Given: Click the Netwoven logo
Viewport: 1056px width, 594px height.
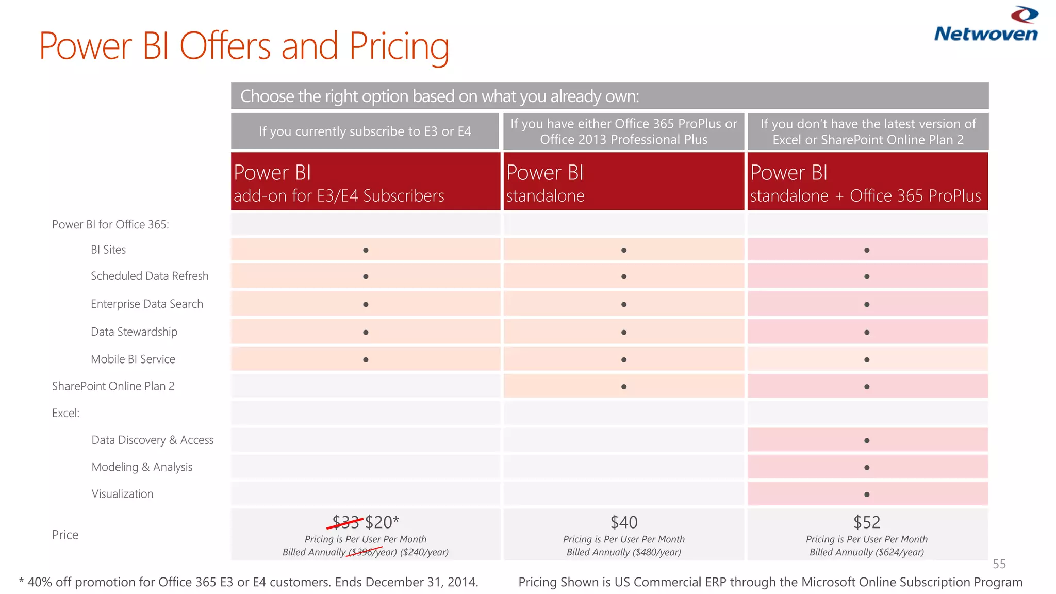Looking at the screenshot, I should point(986,25).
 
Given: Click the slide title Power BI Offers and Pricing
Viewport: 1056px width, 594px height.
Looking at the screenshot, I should point(244,46).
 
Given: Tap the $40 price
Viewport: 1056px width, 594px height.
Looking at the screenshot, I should point(624,522).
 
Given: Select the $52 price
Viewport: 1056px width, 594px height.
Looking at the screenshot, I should point(867,522).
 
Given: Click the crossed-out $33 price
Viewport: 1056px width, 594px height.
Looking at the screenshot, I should point(345,522).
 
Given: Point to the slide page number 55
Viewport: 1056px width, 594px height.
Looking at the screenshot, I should point(999,564).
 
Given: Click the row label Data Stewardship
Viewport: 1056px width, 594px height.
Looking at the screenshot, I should point(134,332).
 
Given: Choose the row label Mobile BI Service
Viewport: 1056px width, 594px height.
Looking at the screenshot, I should point(133,359).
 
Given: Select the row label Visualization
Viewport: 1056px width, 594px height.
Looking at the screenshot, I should point(122,494).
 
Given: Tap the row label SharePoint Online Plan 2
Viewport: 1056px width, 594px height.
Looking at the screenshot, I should point(113,386).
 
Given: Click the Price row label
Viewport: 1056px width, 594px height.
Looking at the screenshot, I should point(65,535).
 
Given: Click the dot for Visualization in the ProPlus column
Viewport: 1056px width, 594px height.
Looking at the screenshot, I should point(867,494).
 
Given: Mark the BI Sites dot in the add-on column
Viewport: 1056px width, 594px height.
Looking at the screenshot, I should point(366,250).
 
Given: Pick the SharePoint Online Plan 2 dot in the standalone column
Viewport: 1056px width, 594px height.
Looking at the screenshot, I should point(624,387).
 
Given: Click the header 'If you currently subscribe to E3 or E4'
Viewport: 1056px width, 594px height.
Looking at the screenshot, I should point(365,131).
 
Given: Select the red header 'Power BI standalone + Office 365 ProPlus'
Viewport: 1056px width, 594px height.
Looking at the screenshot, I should point(867,181).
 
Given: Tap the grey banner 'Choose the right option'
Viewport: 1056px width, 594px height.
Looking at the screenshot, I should point(609,96).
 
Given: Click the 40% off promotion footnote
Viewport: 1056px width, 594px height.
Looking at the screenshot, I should point(249,582).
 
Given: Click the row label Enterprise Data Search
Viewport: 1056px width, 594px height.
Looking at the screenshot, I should point(147,304).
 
